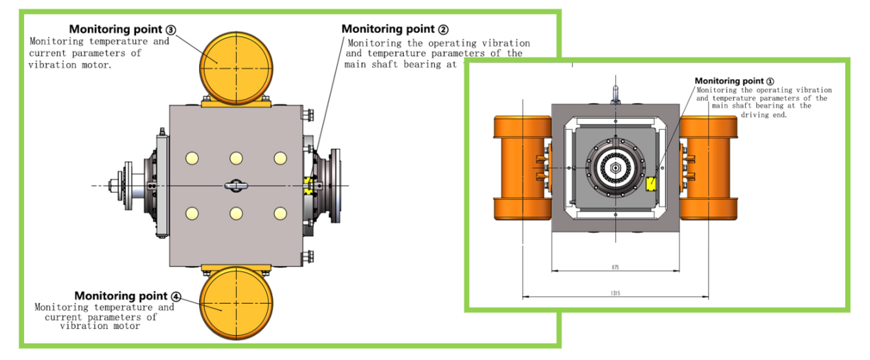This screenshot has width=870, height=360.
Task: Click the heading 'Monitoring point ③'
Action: tap(122, 30)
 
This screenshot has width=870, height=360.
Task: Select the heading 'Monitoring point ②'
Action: tap(395, 29)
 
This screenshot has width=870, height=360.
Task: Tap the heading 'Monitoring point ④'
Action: tap(128, 296)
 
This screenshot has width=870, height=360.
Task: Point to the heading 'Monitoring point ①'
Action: tap(734, 81)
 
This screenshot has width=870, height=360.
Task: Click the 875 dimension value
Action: tap(615, 267)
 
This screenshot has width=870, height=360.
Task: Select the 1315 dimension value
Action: tap(615, 293)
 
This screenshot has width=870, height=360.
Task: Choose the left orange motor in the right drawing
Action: tap(522, 167)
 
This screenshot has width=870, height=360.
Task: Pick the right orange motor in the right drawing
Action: tap(709, 167)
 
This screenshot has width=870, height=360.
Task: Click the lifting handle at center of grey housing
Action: tap(236, 185)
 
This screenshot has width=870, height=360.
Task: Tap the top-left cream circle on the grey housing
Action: tap(192, 159)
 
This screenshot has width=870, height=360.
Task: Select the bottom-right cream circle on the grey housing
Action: tap(279, 213)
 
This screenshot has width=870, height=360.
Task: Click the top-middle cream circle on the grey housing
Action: tap(236, 159)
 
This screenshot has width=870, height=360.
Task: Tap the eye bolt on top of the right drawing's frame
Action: tap(616, 92)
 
